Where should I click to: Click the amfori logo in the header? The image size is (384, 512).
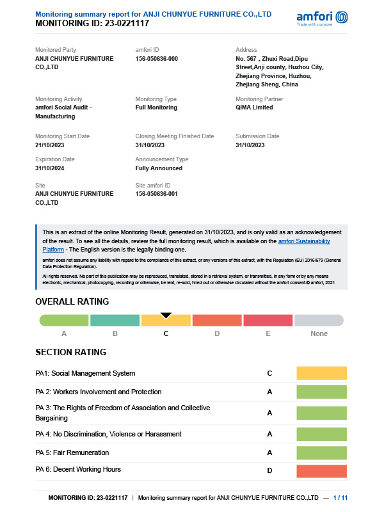[x=323, y=18]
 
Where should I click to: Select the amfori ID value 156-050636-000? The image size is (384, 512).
[x=156, y=59]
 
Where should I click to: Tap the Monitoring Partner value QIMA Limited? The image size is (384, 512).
[x=254, y=108]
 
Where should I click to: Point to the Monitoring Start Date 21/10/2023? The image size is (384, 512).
[x=51, y=145]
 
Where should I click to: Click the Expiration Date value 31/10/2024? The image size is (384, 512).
[x=50, y=168]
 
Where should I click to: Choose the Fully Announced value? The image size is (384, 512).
[x=159, y=168]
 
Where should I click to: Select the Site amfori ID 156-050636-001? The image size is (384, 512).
[x=156, y=194]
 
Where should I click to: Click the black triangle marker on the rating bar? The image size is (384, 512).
[x=166, y=315]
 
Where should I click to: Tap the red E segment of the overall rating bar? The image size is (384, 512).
[x=268, y=321]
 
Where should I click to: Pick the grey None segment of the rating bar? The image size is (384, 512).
[x=319, y=321]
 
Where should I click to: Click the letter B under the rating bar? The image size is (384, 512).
[x=115, y=333]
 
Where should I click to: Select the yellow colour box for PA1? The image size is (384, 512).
[x=321, y=373]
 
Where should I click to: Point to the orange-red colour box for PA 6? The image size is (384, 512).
[x=321, y=472]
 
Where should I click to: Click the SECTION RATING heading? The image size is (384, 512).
[x=70, y=353]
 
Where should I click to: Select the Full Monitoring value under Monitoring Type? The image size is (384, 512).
[x=156, y=108]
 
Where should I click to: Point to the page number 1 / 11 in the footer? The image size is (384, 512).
[x=340, y=497]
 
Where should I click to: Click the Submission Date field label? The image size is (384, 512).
[x=257, y=136]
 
